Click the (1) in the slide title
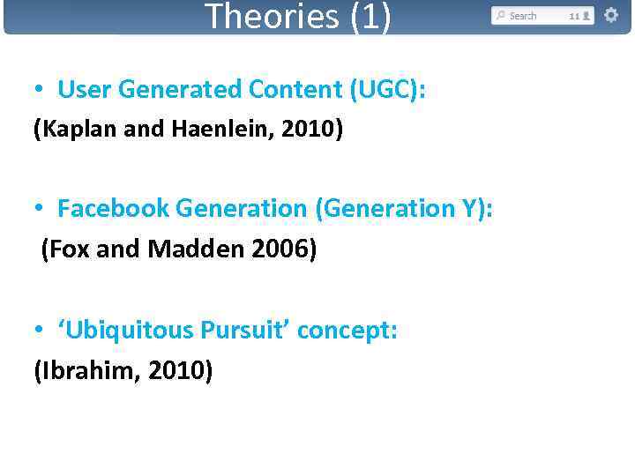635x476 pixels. click(370, 16)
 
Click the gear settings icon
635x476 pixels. click(610, 15)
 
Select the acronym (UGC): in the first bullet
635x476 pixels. click(388, 89)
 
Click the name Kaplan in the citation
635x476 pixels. click(72, 130)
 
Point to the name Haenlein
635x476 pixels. click(210, 130)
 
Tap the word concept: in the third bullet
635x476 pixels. click(347, 330)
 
